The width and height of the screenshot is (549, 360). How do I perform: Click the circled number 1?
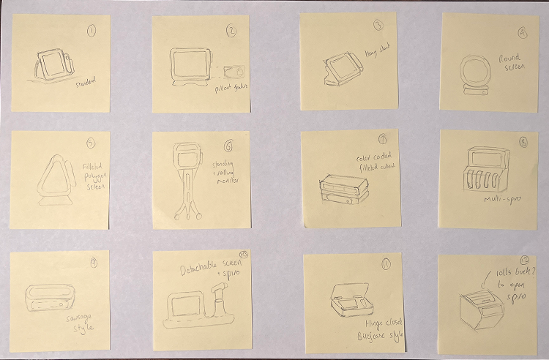[91, 31]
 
